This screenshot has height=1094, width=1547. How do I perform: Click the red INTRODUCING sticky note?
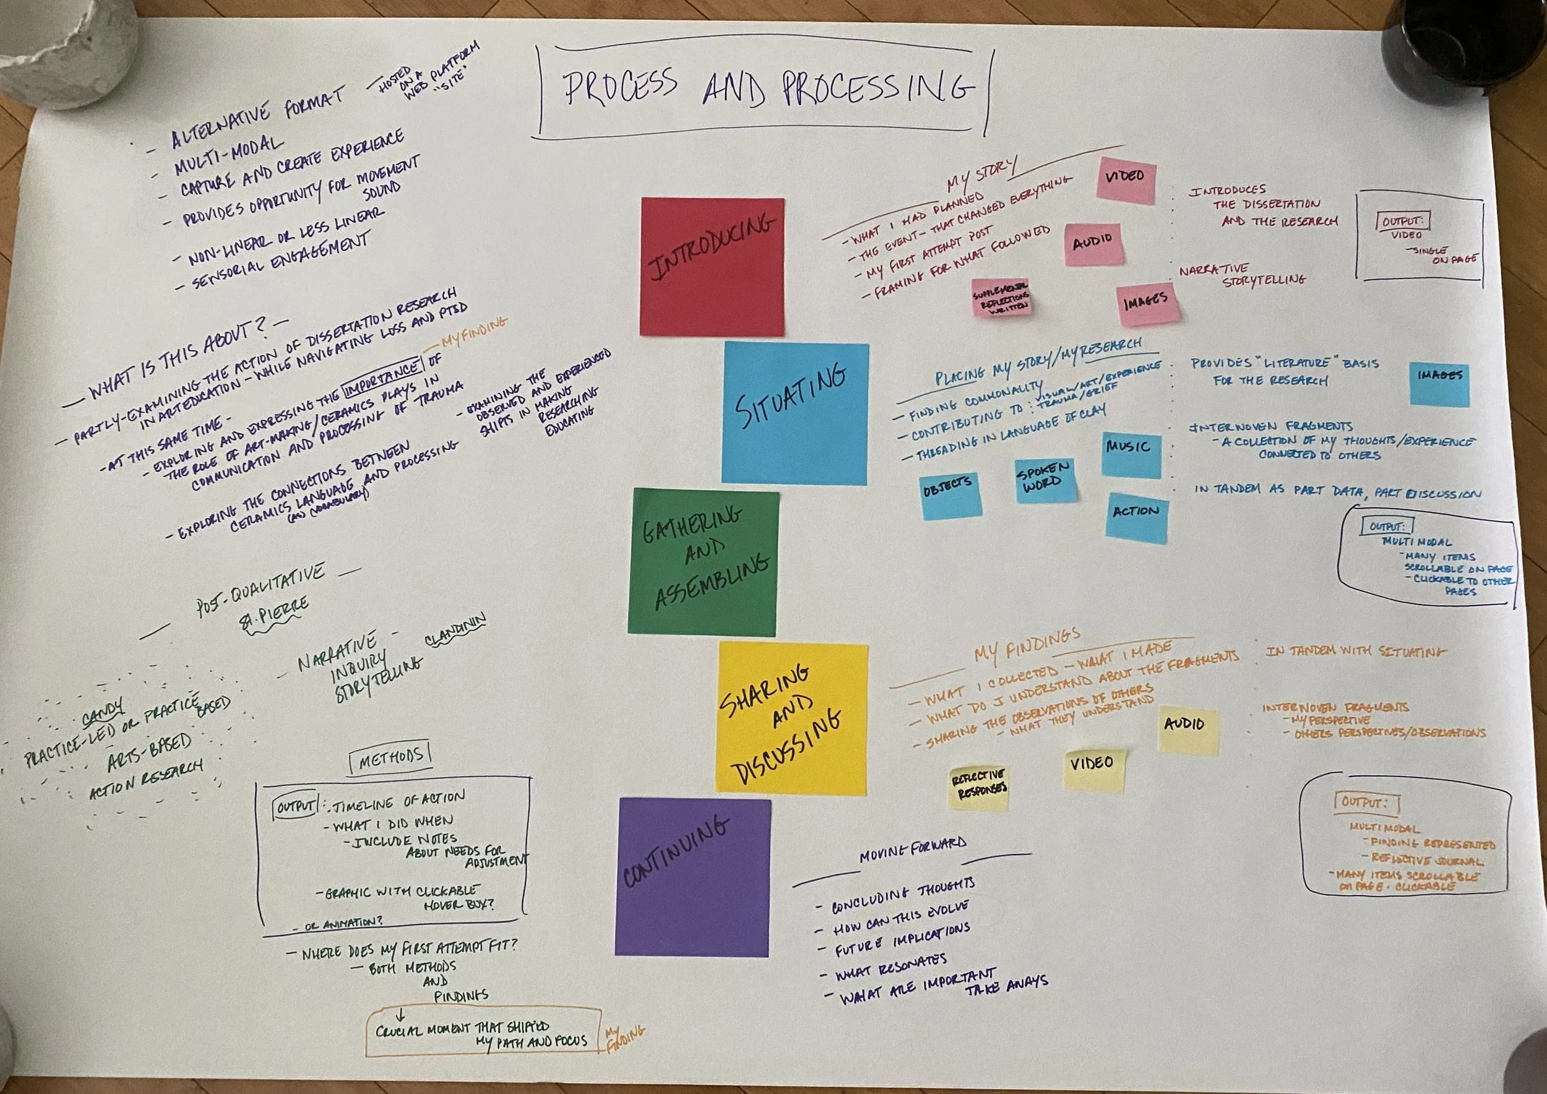tap(712, 267)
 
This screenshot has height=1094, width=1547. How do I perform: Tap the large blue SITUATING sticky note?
tap(795, 413)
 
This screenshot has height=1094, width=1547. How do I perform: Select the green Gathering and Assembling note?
tap(703, 562)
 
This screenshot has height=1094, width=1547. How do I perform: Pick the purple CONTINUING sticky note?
tap(692, 876)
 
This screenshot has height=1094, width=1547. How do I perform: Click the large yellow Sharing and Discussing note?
tap(791, 717)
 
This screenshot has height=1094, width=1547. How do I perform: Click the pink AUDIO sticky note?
tap(1092, 244)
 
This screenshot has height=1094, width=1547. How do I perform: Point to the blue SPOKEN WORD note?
tap(1045, 480)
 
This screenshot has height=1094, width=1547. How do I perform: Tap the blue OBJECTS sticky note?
tap(950, 494)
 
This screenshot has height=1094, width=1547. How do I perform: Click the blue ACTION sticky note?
tap(1137, 516)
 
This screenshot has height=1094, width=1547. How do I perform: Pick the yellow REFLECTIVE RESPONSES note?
tap(978, 788)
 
